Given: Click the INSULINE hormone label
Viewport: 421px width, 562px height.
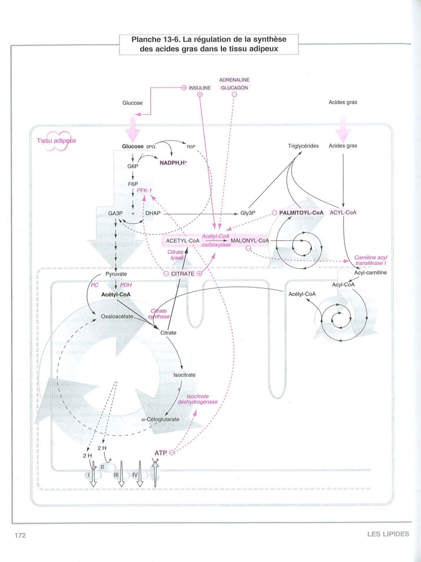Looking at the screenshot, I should (200, 88).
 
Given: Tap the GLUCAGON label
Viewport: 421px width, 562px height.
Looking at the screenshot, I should (234, 88).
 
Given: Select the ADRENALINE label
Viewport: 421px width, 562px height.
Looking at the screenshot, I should (234, 80).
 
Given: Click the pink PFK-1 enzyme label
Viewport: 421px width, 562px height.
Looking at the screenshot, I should (144, 190).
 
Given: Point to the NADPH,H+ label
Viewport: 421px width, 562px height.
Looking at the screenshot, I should (173, 163).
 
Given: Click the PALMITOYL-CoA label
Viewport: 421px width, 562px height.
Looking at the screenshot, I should (301, 212).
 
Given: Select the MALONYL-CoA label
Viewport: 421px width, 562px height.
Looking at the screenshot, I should (250, 241).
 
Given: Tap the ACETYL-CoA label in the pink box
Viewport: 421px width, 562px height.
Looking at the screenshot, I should (183, 241).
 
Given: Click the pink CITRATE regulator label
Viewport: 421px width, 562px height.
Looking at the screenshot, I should (183, 273).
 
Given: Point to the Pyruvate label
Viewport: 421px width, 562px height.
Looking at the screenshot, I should (116, 274).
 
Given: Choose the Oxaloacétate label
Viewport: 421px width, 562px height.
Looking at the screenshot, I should (117, 316).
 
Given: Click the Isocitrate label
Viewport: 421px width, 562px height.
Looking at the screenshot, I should (184, 375).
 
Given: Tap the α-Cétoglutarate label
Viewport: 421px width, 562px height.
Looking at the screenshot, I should (160, 419).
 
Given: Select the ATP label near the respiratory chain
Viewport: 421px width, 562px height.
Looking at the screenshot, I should (160, 453).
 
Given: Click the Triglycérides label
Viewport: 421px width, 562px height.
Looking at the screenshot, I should (303, 146).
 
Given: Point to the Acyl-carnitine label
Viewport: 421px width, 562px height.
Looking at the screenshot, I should (370, 273).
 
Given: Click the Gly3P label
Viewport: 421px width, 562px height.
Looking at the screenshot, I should (248, 213).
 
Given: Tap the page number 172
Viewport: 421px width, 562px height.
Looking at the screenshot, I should (20, 535).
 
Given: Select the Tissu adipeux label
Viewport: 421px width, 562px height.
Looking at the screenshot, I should (57, 141).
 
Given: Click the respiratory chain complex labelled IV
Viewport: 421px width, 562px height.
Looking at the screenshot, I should (135, 475).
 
